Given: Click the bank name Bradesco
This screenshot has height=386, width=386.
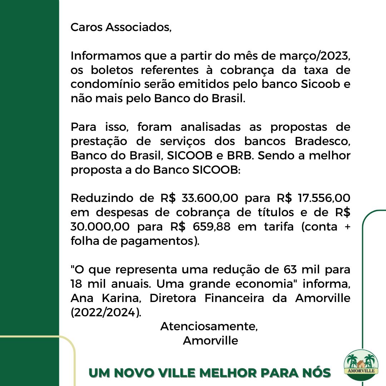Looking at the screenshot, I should (322, 141).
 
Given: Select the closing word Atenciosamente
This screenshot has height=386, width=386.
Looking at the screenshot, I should (209, 326).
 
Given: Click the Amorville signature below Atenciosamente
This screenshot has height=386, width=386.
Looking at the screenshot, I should (211, 340).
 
